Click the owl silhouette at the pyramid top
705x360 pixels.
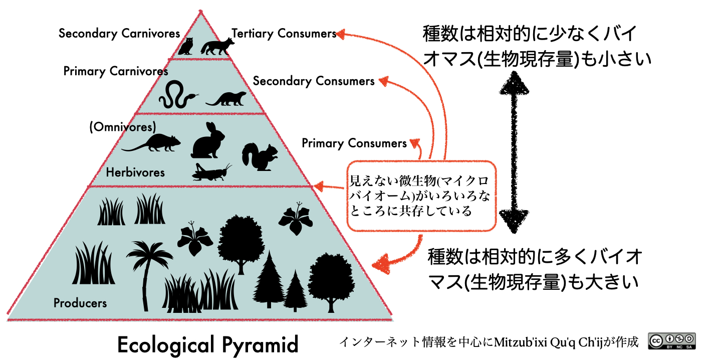(x=186, y=46)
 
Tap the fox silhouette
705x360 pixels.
(x=217, y=47)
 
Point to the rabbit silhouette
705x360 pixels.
(x=208, y=140)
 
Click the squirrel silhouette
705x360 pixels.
(x=260, y=157)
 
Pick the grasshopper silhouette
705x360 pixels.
(x=211, y=172)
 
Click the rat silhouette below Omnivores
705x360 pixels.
(x=152, y=143)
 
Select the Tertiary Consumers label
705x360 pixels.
(x=284, y=34)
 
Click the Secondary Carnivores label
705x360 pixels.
(x=119, y=34)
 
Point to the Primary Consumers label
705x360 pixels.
(x=354, y=143)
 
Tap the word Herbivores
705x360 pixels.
(x=135, y=172)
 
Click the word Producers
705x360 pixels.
(x=80, y=303)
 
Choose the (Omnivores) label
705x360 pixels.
(x=123, y=127)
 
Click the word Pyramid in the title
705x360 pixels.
(x=260, y=345)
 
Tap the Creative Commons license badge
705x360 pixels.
(x=672, y=341)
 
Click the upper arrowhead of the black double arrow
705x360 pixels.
(x=514, y=83)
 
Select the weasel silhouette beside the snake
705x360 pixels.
(x=226, y=99)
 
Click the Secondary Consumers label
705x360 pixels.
(x=314, y=81)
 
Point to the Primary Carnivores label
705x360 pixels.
(x=116, y=71)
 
